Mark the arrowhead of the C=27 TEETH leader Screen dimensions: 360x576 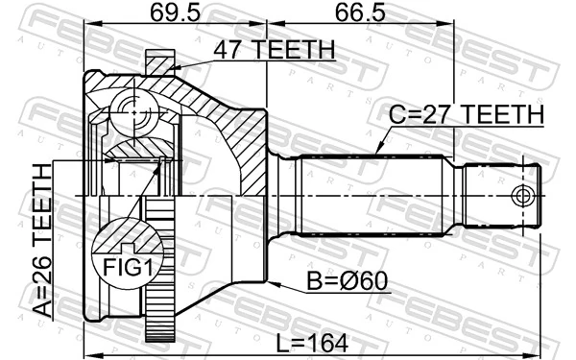coord(376,154)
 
